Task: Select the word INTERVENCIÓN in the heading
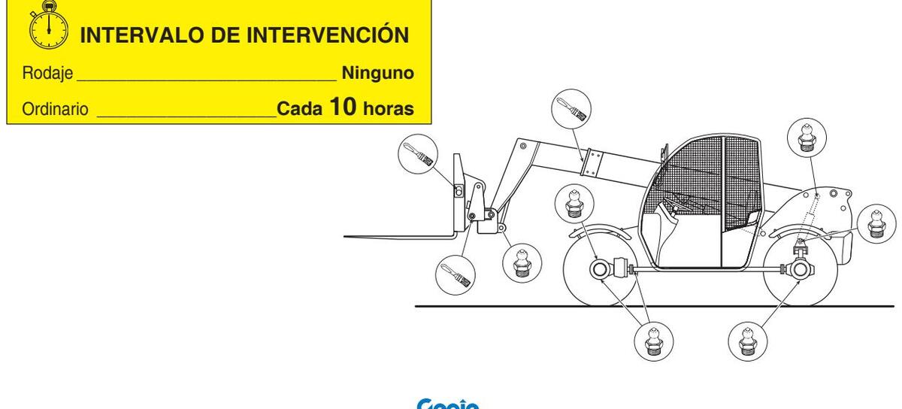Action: pos(324,35)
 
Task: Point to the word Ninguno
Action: pos(378,74)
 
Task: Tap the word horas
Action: pos(388,109)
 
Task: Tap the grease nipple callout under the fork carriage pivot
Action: pos(520,263)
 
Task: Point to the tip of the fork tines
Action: pos(346,236)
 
